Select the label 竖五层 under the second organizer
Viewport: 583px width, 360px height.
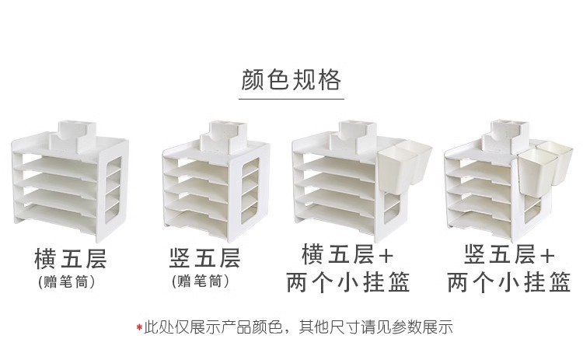click(x=204, y=257)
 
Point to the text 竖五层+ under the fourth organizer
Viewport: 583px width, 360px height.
click(x=509, y=253)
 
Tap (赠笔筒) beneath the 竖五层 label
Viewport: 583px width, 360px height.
click(x=201, y=281)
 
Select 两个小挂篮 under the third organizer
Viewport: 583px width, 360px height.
click(x=347, y=281)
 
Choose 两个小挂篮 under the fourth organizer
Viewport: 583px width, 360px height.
click(x=509, y=281)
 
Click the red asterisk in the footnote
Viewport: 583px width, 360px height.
click(x=139, y=327)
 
